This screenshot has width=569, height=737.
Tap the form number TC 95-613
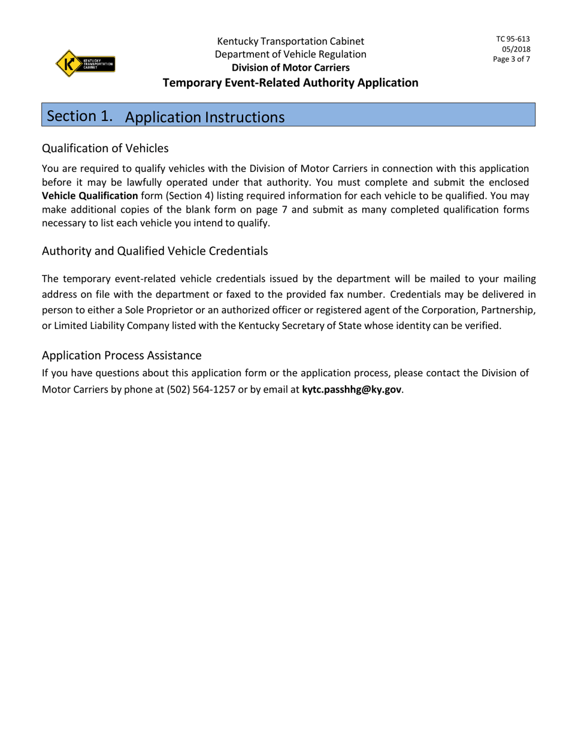coord(513,39)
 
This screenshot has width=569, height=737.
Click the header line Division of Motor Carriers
coord(290,68)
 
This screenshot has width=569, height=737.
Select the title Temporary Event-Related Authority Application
coord(290,83)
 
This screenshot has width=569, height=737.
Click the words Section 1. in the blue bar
coord(80,116)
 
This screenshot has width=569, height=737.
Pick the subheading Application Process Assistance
coord(122,355)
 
